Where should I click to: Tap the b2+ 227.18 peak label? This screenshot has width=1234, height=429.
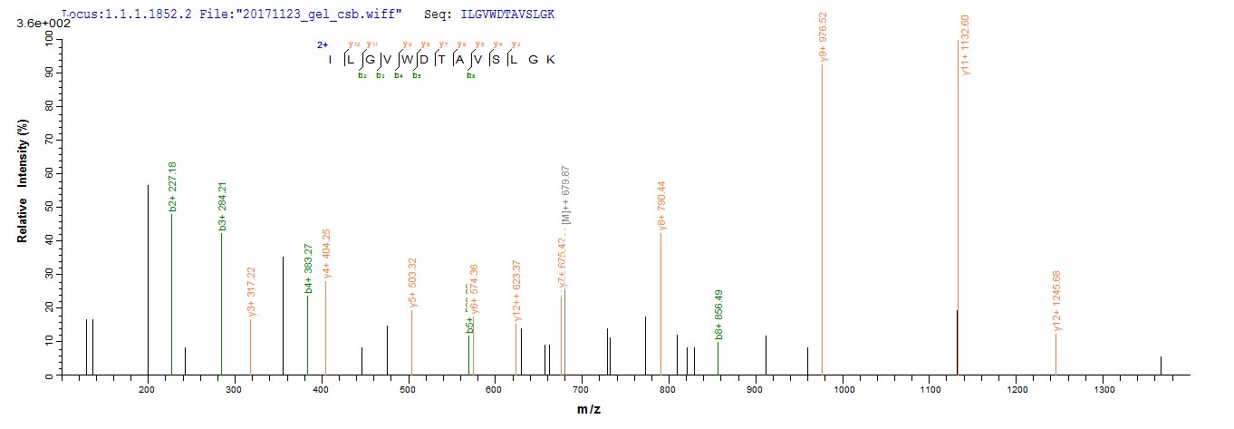pyautogui.click(x=172, y=189)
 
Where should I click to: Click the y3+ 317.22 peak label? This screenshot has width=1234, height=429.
pyautogui.click(x=252, y=292)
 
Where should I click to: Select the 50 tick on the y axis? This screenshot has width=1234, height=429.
pyautogui.click(x=46, y=207)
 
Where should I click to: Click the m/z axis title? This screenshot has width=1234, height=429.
pyautogui.click(x=589, y=410)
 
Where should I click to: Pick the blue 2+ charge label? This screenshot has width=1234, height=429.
pyautogui.click(x=322, y=44)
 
